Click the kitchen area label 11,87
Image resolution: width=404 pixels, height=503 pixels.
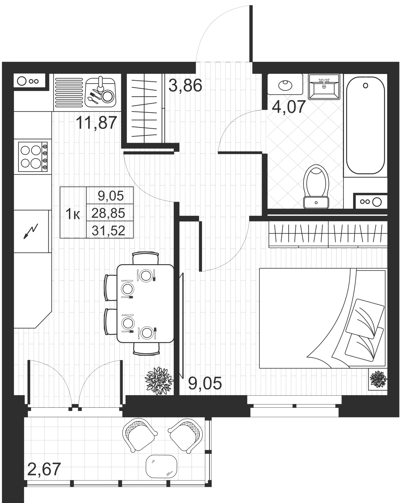point(96,123)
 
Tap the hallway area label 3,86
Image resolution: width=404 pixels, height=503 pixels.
point(185,86)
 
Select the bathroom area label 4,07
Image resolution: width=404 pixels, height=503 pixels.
point(289,107)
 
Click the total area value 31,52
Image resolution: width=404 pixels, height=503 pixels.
point(108,231)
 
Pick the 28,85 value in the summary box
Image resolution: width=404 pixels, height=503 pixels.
point(108,213)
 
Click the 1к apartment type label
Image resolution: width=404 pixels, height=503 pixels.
point(73,214)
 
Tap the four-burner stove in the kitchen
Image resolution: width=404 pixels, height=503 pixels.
point(32,156)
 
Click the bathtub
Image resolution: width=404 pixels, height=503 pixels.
point(366,125)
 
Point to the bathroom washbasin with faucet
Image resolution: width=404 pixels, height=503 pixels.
point(324,87)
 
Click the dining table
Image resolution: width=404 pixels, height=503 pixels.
point(145,304)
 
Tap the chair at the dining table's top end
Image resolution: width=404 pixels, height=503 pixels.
point(146,258)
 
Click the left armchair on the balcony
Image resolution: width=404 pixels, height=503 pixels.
point(139,434)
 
